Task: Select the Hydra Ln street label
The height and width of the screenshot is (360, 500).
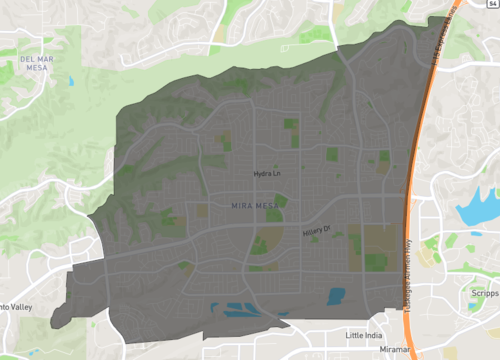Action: [267, 174]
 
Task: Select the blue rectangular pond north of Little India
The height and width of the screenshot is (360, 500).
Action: [336, 297]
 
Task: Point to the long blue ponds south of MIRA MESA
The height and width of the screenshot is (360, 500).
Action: [240, 311]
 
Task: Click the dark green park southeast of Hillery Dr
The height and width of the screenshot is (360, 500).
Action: [376, 261]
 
